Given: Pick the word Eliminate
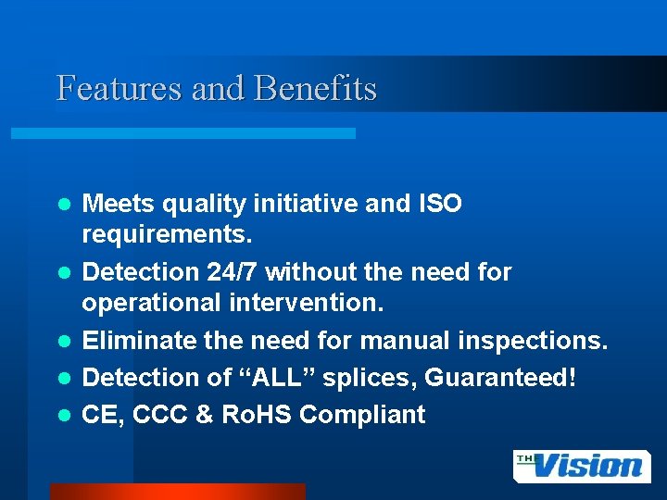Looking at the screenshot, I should (134, 341).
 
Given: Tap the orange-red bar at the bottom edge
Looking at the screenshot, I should (176, 492).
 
